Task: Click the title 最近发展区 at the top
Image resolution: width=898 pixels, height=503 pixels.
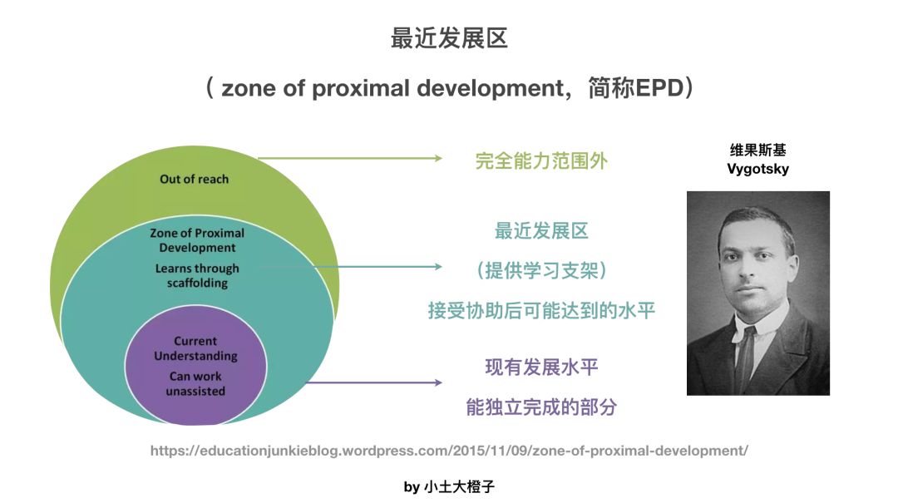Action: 449,38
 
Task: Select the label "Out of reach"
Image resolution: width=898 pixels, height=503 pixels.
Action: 194,180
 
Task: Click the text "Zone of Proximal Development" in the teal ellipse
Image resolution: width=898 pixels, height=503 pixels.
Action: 197,240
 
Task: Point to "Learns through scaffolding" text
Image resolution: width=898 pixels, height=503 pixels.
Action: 197,275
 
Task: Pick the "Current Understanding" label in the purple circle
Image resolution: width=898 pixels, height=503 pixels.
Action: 195,348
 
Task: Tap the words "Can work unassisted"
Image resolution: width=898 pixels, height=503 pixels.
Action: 195,384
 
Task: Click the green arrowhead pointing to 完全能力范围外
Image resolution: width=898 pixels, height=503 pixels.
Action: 438,158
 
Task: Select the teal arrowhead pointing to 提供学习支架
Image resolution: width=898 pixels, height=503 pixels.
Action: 438,266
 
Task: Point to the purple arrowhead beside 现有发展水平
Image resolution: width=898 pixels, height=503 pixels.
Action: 438,382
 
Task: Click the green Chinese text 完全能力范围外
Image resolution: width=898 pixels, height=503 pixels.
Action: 541,161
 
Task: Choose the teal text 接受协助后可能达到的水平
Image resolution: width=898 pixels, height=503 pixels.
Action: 541,310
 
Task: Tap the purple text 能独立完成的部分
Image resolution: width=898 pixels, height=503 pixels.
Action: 541,407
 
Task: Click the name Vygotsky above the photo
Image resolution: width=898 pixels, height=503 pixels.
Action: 757,169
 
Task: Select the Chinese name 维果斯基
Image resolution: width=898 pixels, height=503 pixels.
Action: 757,150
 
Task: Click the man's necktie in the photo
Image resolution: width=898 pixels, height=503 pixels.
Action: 745,355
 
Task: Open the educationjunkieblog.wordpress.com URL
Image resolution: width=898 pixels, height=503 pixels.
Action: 449,451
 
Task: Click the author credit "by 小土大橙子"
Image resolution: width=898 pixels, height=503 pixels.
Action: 449,487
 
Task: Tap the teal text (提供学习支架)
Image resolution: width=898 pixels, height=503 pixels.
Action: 541,270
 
